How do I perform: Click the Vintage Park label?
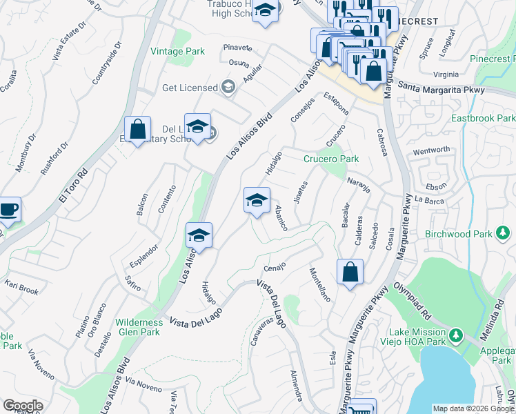[177, 51]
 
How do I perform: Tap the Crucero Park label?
[331, 159]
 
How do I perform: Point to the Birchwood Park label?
[459, 234]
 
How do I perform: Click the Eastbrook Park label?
[483, 118]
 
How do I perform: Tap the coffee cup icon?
[8, 209]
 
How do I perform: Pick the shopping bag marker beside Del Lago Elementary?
[137, 128]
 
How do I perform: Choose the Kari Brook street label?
[21, 287]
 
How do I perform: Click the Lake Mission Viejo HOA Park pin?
[455, 336]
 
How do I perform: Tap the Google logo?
[23, 406]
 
